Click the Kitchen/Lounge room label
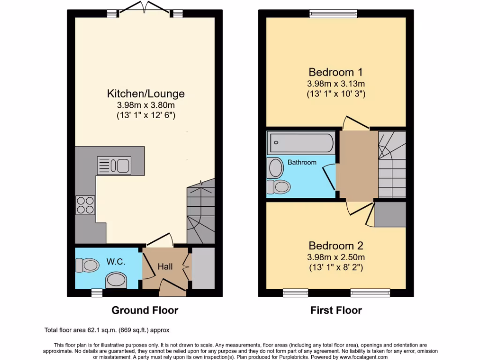pos(146,93)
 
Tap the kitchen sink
pos(113,165)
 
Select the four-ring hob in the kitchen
pos(85,205)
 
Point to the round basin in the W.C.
pos(116,281)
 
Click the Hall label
pos(165,267)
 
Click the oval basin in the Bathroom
pos(275,167)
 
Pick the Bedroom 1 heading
pos(336,72)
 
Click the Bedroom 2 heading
pos(336,246)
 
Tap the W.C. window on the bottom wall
pos(97,292)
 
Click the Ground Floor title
pos(145,310)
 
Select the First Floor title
pos(336,310)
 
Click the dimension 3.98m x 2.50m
pos(336,257)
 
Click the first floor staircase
pos(392,164)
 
